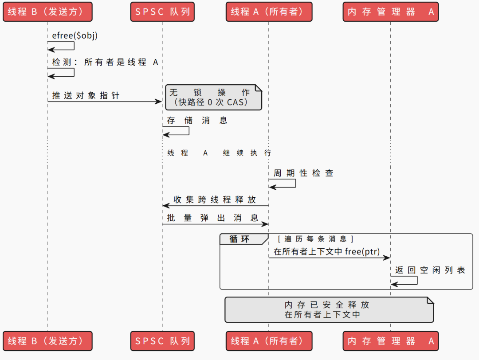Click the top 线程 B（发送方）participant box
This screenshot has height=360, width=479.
coord(47,12)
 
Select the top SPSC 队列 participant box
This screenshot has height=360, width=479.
coord(162,12)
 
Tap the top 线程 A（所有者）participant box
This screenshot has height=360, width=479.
coord(268,12)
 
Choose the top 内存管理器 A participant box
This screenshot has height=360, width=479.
coord(390,12)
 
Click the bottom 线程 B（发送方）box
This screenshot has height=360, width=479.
coord(47,341)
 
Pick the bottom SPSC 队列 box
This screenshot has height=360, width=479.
coord(162,341)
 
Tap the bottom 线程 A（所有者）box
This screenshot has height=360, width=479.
coord(268,341)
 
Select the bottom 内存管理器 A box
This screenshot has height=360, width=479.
coord(390,341)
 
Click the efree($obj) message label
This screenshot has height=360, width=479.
coord(75,35)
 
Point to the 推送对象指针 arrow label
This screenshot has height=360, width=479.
coord(86,95)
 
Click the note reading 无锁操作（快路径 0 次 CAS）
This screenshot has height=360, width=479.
coord(214,98)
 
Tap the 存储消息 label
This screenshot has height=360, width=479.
coord(197,121)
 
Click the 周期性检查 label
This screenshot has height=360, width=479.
coord(303,173)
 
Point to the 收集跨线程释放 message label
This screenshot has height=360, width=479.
coord(215,200)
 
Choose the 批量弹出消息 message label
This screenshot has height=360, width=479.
coord(212,218)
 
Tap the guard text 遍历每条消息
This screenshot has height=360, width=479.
coord(315,239)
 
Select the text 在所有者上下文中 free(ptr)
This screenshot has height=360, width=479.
coord(326,251)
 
